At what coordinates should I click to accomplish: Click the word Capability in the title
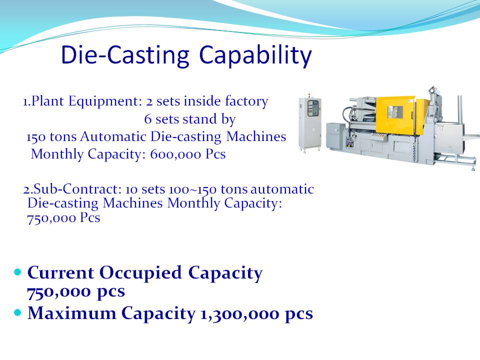255,55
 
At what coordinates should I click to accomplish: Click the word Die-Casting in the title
125,54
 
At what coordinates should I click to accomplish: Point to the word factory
246,101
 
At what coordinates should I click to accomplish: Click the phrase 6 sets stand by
190,119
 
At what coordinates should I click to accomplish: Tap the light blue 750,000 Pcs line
63,218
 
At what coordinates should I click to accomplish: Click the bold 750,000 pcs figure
76,291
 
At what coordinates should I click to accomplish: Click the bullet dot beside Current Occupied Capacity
18,272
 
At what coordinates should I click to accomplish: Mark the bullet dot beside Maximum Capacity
18,312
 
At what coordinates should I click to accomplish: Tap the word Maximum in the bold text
72,313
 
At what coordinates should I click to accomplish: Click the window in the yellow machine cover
395,112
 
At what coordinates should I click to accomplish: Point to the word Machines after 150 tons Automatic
256,136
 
